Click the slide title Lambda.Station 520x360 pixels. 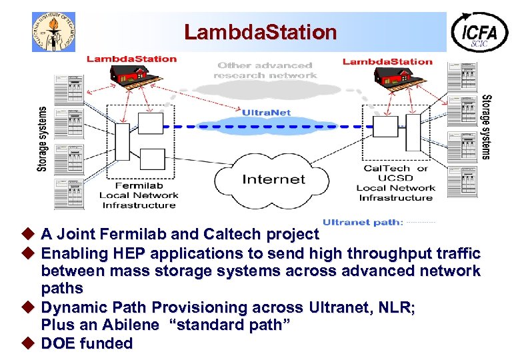pos(260,31)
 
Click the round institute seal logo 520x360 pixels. pos(53,31)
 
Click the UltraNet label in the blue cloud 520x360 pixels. pos(266,113)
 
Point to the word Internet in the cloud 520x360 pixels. pos(273,179)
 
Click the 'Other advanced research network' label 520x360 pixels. pos(265,70)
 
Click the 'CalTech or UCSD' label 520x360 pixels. pos(395,173)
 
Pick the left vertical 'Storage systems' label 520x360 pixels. pos(43,139)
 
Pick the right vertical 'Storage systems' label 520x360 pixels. pos(487,127)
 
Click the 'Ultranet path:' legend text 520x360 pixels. pos(363,223)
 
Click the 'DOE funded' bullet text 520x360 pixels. pos(87,343)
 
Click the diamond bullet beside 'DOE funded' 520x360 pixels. pos(28,343)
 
